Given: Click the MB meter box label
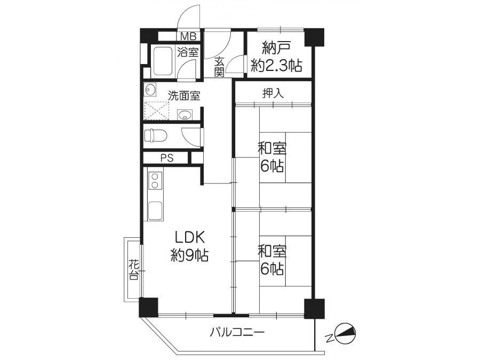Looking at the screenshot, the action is click(188, 36).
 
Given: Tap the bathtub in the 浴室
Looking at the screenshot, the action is click(162, 61).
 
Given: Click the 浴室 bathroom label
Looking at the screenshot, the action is click(188, 52).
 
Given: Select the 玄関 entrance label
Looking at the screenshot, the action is click(219, 67).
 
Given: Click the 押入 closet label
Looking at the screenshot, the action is click(273, 93).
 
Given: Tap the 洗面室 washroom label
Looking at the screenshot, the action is click(184, 96).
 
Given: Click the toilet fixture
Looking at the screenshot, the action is click(155, 135).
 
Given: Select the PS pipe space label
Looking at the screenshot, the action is click(167, 158).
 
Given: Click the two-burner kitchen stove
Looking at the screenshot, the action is click(155, 181).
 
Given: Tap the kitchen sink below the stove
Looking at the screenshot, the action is click(155, 211).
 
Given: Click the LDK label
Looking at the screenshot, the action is click(189, 238).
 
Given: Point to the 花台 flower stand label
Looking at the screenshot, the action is click(133, 269).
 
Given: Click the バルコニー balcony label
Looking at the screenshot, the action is click(237, 332).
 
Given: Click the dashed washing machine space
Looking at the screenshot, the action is click(156, 111).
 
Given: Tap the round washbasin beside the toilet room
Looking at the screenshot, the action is click(185, 115).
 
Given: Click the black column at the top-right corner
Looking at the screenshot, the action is click(314, 37).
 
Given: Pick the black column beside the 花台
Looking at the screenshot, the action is click(148, 307).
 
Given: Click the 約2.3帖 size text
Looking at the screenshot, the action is click(277, 65).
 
